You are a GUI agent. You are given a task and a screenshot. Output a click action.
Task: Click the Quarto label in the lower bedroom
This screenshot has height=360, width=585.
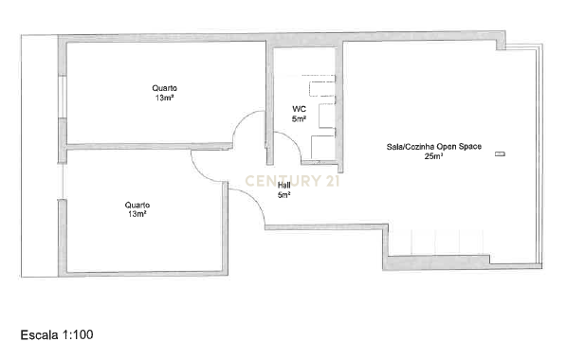[x=137, y=205]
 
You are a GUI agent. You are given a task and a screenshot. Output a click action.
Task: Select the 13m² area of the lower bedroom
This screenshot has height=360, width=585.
[x=137, y=214]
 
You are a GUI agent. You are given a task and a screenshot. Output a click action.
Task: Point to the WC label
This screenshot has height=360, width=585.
[x=299, y=110]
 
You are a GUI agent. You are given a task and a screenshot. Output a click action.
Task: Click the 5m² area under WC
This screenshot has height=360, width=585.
[x=299, y=119]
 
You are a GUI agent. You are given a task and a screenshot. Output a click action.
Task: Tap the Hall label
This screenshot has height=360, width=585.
[x=283, y=186]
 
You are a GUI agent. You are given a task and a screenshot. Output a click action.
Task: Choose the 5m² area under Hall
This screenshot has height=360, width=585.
[x=283, y=195]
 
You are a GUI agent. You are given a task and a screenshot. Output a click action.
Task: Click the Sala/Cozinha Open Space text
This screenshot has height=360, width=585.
[x=434, y=147]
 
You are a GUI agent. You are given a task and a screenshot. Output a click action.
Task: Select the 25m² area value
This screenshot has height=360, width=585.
[x=434, y=156]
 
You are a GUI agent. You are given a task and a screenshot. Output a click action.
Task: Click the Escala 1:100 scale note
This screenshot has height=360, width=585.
[x=57, y=334]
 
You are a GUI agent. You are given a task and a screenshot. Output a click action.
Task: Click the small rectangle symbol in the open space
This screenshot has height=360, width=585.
[x=500, y=153]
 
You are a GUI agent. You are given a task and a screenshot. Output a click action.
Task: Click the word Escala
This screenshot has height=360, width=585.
[x=40, y=334]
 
